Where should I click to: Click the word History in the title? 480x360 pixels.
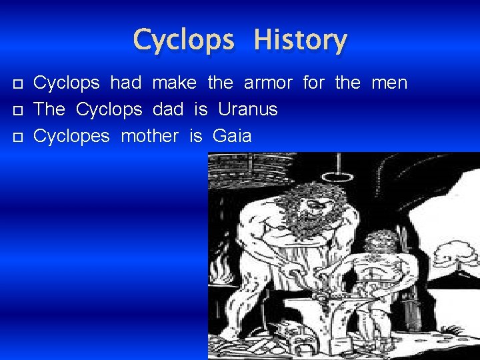tap(300, 40)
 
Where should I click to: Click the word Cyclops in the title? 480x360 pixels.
tap(183, 41)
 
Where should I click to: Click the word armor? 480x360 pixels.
tap(268, 83)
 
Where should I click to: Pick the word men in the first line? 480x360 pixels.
tap(389, 83)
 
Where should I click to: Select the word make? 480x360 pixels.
tap(174, 83)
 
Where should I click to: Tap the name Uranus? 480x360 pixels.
tap(247, 109)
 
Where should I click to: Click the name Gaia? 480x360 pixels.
tap(232, 136)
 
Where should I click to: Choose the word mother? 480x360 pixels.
tap(150, 136)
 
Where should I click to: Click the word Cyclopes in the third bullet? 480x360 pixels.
tap(71, 137)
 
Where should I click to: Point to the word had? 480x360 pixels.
tap(125, 83)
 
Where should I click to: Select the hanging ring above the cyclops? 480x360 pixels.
tap(341, 177)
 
